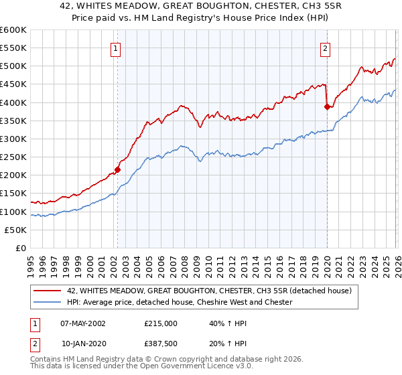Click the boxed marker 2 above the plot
pos(326,48)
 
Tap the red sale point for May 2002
pos(117,169)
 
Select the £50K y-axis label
pos(15,230)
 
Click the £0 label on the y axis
pos(21,248)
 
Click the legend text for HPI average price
pos(180,302)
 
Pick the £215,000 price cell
pos(160,323)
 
